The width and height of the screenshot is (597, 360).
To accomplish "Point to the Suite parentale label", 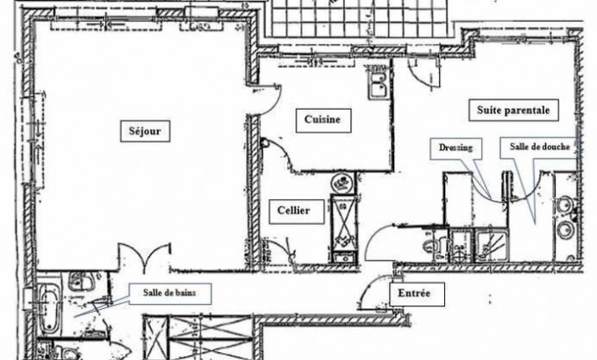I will (514, 112).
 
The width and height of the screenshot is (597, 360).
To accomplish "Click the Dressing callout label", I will (455, 148).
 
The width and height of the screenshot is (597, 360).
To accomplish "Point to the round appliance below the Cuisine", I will (338, 184).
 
